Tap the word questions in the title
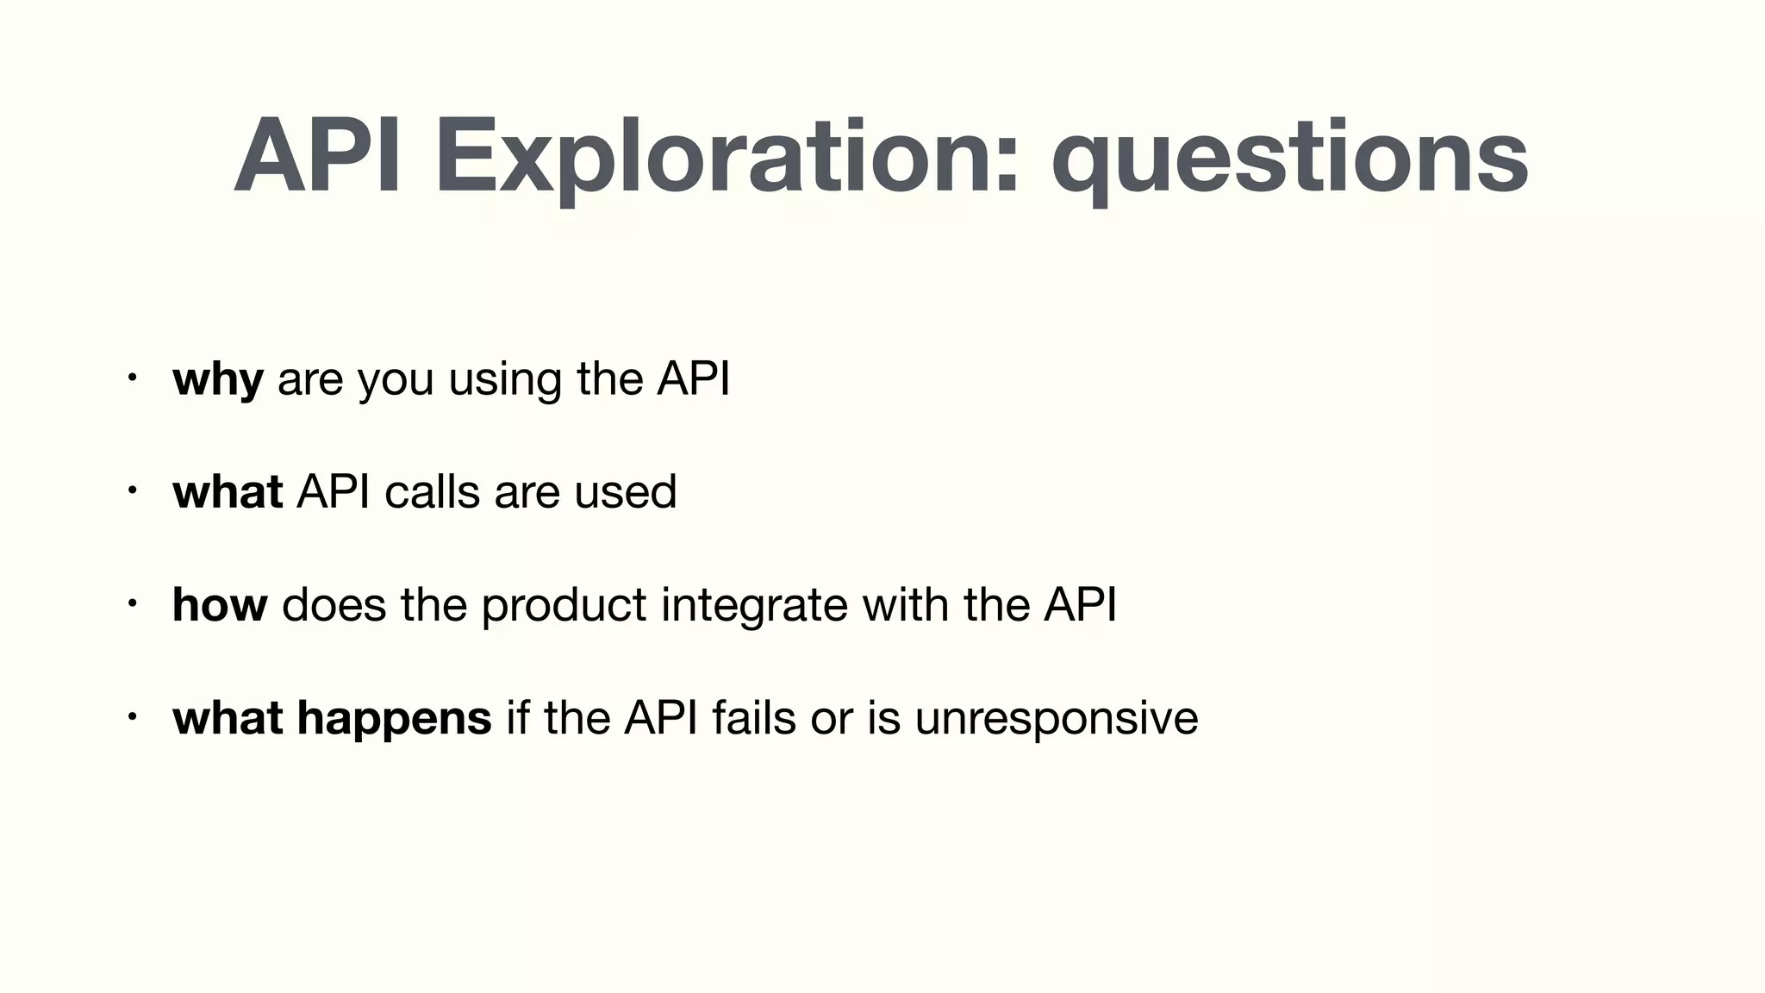1289,159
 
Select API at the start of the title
318,159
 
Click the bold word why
217,379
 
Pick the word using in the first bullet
504,379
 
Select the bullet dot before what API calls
131,490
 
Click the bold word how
220,604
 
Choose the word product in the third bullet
564,604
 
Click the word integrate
754,604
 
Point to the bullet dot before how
131,603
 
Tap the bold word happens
394,718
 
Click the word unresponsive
1056,718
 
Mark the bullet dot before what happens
131,716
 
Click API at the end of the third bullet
1080,604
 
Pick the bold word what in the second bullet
228,491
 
